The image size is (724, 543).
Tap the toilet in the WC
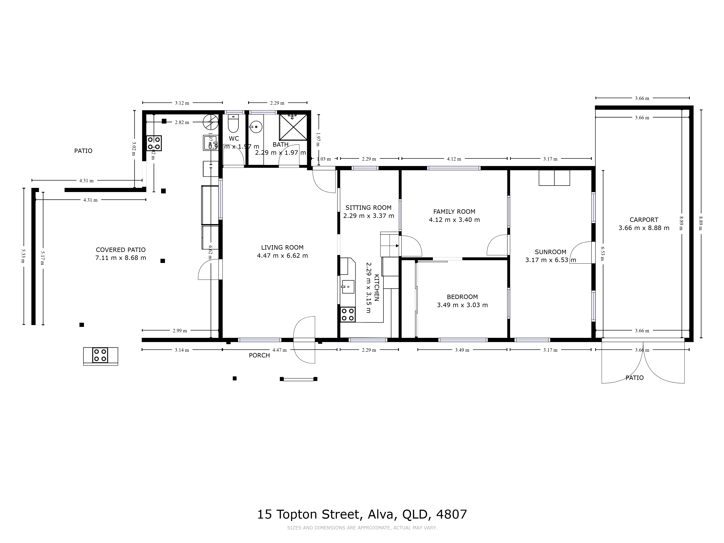click(233, 124)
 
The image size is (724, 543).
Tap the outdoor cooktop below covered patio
click(100, 355)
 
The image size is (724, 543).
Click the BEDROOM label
click(462, 297)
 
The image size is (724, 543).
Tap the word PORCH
click(259, 355)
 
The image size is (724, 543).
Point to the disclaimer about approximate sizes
click(362, 528)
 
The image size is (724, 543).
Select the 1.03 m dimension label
click(324, 159)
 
